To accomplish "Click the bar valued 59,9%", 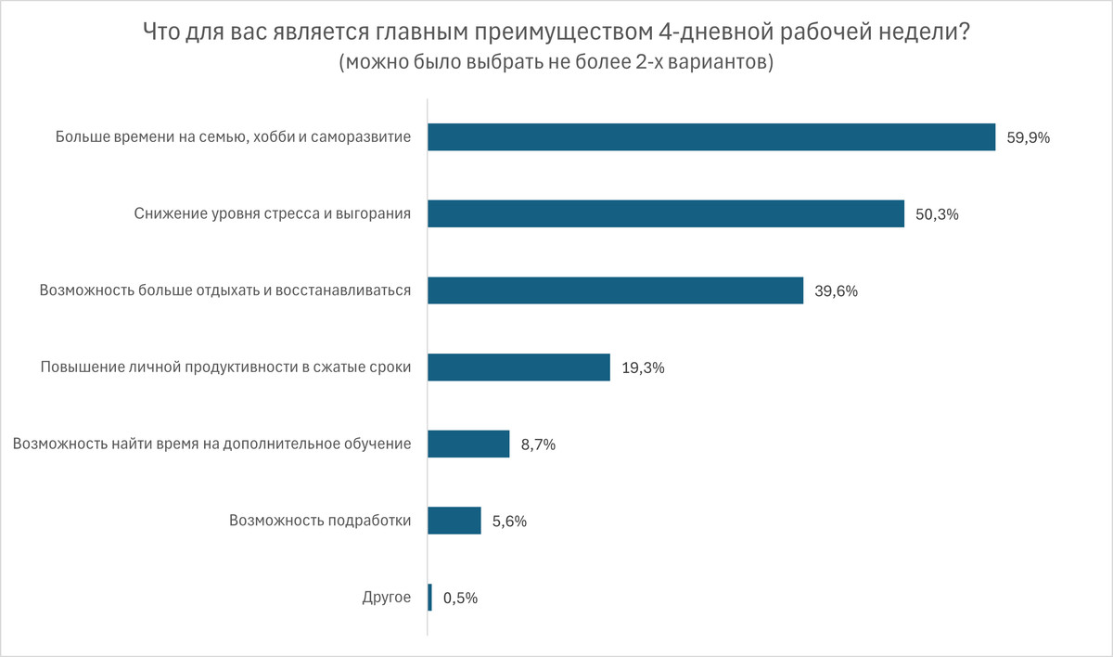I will pyautogui.click(x=711, y=137).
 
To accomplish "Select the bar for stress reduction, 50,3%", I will pyautogui.click(x=666, y=214).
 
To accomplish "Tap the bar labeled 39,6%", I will pyautogui.click(x=615, y=290).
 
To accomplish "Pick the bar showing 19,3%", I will pyautogui.click(x=518, y=367).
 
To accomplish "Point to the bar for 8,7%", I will pyautogui.click(x=468, y=444).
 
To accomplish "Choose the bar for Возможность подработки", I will pyautogui.click(x=454, y=521).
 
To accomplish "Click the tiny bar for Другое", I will pyautogui.click(x=430, y=598).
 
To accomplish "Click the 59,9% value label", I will pyautogui.click(x=1028, y=138).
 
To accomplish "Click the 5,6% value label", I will pyautogui.click(x=509, y=522).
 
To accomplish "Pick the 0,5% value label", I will pyautogui.click(x=460, y=599).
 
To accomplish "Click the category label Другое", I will pyautogui.click(x=386, y=598).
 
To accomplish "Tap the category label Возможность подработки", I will pyautogui.click(x=320, y=521).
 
